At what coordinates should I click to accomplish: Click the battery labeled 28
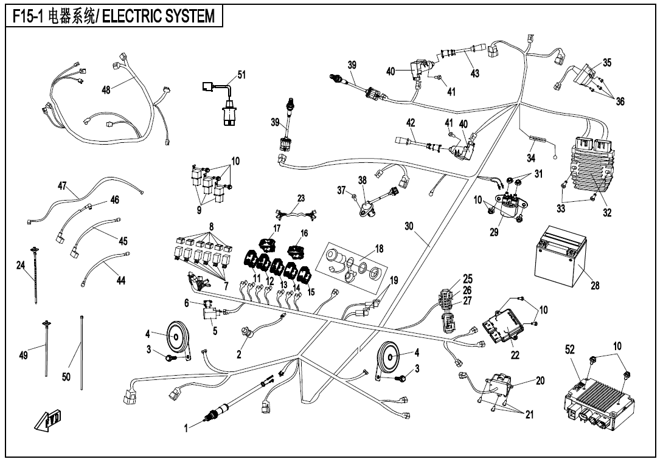[558, 261]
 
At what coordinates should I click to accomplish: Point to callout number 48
[106, 89]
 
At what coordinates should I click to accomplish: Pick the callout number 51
[241, 75]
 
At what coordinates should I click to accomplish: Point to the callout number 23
[301, 198]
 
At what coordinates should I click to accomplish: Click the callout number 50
[66, 377]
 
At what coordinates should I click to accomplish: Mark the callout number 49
[23, 356]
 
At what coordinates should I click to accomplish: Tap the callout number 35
[607, 62]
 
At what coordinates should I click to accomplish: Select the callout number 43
[474, 74]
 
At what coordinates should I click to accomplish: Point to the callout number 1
[187, 429]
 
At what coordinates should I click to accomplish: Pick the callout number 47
[62, 185]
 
